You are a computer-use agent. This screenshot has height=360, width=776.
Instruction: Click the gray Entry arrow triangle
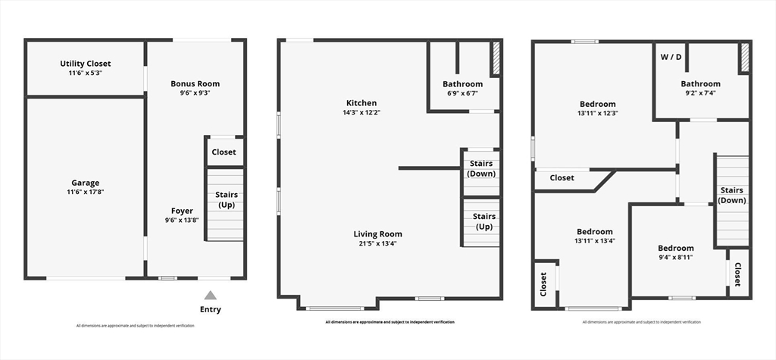(211, 295)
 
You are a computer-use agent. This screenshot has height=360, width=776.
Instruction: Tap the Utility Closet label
(86, 64)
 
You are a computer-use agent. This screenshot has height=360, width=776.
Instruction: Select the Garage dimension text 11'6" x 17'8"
(86, 192)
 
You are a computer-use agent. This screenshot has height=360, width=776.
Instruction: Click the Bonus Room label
(195, 83)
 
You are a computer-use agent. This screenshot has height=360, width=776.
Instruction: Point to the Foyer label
(182, 211)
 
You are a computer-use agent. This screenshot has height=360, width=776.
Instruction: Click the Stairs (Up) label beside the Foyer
(226, 199)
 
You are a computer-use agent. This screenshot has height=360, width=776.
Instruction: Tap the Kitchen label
(361, 103)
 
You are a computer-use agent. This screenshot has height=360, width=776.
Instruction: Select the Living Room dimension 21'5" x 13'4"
(377, 243)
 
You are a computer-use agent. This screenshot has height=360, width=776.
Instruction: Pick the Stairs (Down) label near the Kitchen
(481, 168)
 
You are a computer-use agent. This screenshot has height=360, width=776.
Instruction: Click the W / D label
(671, 56)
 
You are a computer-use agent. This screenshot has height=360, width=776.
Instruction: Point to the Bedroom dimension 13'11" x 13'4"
(595, 241)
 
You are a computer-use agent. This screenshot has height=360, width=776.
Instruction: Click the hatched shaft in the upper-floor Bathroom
(744, 58)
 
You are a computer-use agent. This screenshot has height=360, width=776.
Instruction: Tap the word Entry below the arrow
(211, 309)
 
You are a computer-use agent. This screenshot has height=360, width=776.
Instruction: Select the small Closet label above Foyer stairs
(224, 152)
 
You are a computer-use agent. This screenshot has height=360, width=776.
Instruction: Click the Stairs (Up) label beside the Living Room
(484, 221)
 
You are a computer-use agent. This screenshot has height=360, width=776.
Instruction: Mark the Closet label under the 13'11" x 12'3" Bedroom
(562, 177)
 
